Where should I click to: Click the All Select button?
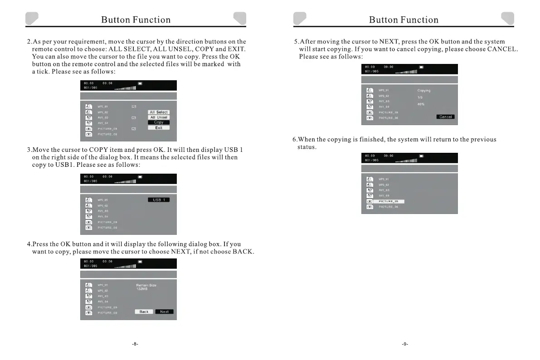pyautogui.click(x=159, y=112)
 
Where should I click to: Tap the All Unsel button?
pyautogui.click(x=159, y=117)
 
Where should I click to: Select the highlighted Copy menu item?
pyautogui.click(x=159, y=122)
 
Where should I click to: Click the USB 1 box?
pyautogui.click(x=159, y=200)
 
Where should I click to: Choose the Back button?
pyautogui.click(x=144, y=312)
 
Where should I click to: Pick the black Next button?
pyautogui.click(x=164, y=312)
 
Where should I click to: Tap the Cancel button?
pyautogui.click(x=445, y=117)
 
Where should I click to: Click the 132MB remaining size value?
pyautogui.click(x=142, y=289)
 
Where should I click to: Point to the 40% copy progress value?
pyautogui.click(x=421, y=104)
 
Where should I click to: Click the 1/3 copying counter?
pyautogui.click(x=420, y=97)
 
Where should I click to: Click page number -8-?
pyautogui.click(x=135, y=344)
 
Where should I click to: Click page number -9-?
pyautogui.click(x=405, y=344)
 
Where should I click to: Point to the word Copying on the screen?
pyautogui.click(x=424, y=91)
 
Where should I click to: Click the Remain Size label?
pyautogui.click(x=146, y=285)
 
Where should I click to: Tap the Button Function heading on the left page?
pyautogui.click(x=136, y=20)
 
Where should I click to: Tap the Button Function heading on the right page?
pyautogui.click(x=404, y=20)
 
